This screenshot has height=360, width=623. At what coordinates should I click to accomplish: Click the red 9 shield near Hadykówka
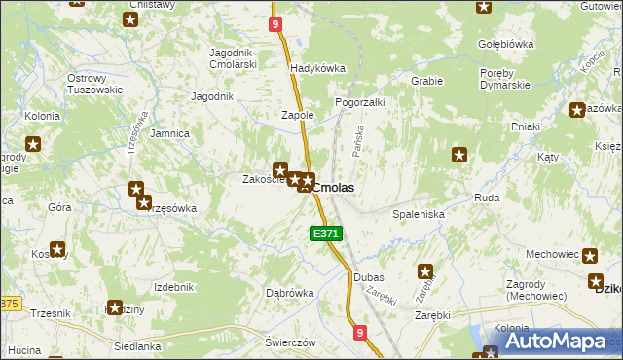click(x=277, y=23)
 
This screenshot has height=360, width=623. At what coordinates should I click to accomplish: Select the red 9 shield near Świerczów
click(x=360, y=334)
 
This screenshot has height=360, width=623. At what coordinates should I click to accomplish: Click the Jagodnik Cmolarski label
click(x=233, y=58)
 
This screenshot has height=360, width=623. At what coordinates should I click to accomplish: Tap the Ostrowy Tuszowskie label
click(x=94, y=84)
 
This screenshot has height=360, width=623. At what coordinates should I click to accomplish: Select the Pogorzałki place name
click(x=360, y=102)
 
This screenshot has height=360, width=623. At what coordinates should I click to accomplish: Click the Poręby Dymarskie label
click(x=504, y=79)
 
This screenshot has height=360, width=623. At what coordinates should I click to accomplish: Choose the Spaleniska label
click(x=419, y=213)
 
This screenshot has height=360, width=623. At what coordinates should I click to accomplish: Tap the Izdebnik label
click(x=174, y=287)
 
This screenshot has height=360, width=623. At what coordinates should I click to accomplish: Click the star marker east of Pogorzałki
click(x=459, y=154)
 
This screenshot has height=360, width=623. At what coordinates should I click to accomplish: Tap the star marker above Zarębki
click(x=425, y=271)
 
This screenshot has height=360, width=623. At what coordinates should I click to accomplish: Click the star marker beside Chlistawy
click(x=129, y=19)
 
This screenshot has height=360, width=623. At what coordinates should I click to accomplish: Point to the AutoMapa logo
click(x=552, y=341)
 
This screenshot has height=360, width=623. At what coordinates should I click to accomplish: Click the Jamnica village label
click(x=170, y=133)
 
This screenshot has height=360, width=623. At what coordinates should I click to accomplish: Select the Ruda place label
click(x=487, y=198)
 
